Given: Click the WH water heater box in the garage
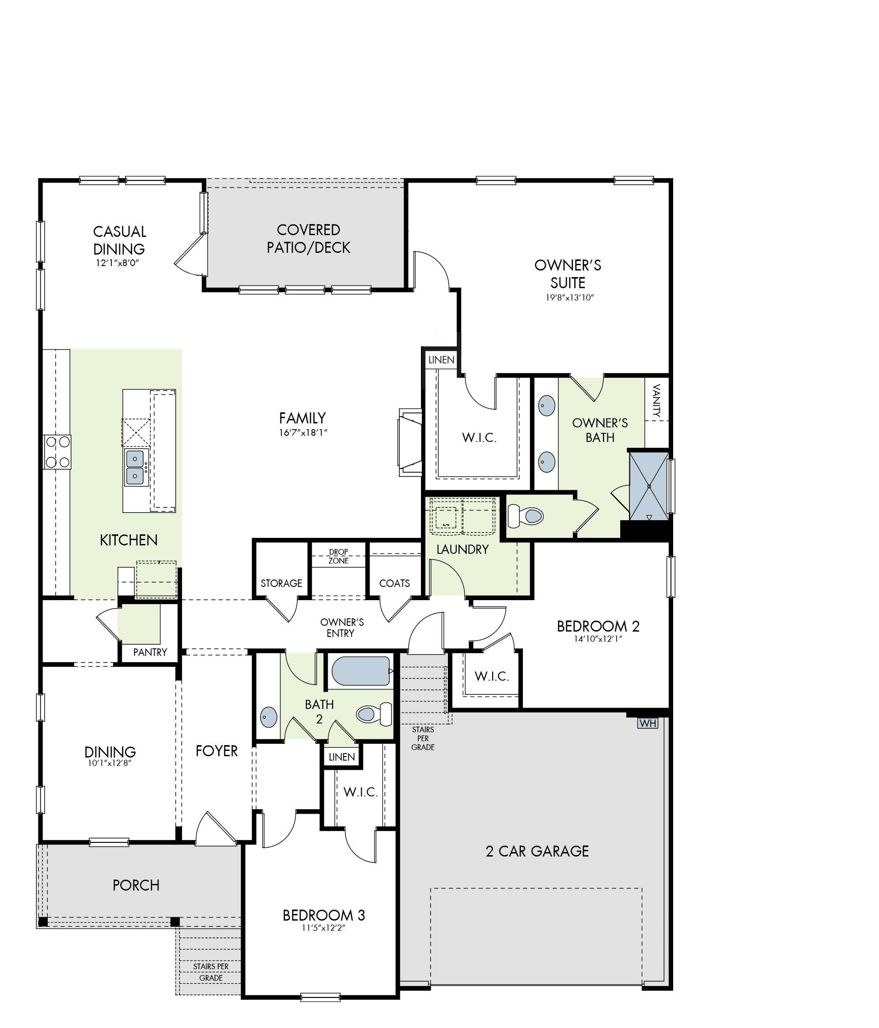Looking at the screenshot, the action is (648, 723).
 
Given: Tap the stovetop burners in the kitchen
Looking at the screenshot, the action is (57, 452).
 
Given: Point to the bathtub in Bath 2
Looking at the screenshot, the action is (360, 671).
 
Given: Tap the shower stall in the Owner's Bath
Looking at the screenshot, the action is (649, 486).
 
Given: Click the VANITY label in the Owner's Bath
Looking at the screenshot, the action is (657, 400).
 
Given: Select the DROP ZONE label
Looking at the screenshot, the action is (339, 556).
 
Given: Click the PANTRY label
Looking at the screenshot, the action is (150, 652).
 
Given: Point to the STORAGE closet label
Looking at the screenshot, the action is (281, 583).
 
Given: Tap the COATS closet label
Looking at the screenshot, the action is (394, 583).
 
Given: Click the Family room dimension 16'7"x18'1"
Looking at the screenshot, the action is (303, 433).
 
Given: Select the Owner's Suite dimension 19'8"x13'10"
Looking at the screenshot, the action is (568, 298).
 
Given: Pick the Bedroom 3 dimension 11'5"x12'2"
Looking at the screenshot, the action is (323, 928).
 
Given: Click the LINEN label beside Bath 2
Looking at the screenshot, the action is (341, 757).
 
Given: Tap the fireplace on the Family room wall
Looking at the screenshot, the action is (410, 442).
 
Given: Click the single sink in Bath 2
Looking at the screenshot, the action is (268, 717).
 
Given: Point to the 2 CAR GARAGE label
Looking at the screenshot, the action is (538, 851).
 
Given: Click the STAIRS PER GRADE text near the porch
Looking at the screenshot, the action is (211, 972).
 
